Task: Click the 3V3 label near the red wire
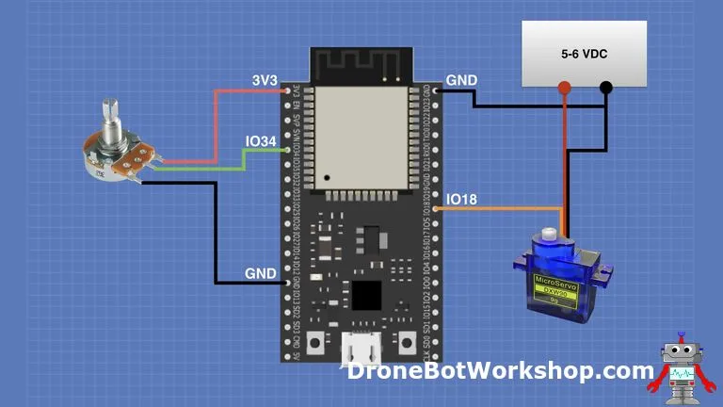(x=265, y=82)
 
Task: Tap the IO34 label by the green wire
(x=261, y=141)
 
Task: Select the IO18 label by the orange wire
(x=461, y=199)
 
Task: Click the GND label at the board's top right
(x=461, y=82)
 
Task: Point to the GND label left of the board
(x=261, y=273)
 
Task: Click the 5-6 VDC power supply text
(x=584, y=55)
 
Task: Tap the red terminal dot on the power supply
(x=564, y=89)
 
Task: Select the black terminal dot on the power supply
(x=606, y=89)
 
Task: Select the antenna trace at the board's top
(x=362, y=64)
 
